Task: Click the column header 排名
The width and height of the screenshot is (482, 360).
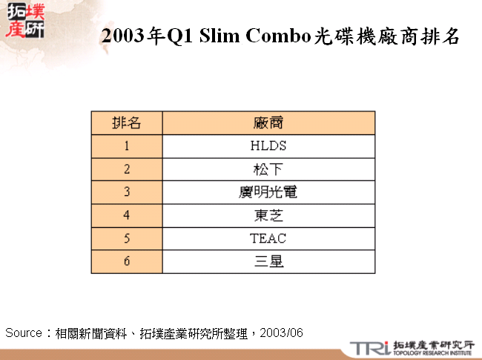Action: (127, 122)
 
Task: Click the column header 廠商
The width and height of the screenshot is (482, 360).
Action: (268, 122)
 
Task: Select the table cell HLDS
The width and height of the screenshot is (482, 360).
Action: (268, 145)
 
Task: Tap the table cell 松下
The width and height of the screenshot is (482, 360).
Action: (268, 168)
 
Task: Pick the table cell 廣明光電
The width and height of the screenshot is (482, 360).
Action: (268, 192)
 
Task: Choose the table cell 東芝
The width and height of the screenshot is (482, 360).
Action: (268, 215)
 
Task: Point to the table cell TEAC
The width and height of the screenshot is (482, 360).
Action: (268, 238)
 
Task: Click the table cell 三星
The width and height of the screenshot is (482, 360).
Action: (268, 261)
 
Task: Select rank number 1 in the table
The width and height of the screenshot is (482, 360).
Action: (127, 145)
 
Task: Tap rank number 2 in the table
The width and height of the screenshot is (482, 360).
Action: (127, 168)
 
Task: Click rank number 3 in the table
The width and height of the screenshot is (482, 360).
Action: (127, 192)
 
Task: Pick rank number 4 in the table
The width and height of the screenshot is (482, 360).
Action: (127, 215)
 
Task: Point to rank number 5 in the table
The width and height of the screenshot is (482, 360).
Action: (127, 238)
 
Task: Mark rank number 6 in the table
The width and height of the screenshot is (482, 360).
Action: (127, 261)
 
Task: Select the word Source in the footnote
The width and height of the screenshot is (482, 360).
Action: (23, 333)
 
